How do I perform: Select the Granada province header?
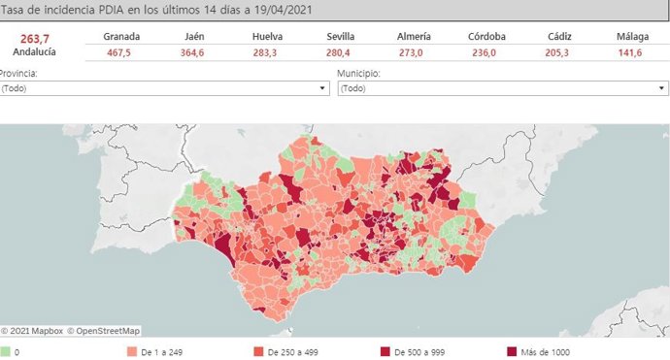click(121, 37)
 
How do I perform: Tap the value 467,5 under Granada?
click(121, 52)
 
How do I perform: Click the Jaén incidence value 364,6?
click(194, 52)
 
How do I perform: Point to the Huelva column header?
click(267, 37)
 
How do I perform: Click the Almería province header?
click(414, 37)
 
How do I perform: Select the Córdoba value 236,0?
click(486, 52)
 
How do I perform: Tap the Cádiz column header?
click(559, 37)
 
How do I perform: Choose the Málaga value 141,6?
click(632, 52)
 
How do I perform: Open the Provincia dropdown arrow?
click(322, 88)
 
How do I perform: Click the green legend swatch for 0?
click(5, 351)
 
